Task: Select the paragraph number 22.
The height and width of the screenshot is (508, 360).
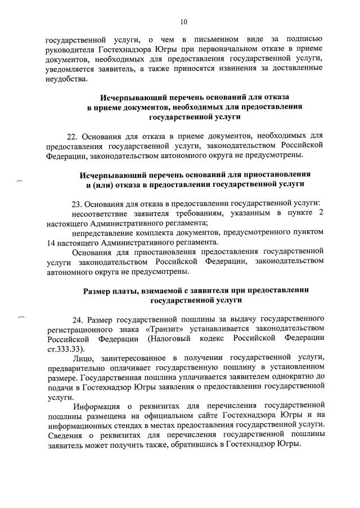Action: tap(71, 136)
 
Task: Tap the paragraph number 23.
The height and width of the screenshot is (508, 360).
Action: tap(78, 202)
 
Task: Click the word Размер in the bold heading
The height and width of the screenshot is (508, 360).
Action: tap(100, 290)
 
